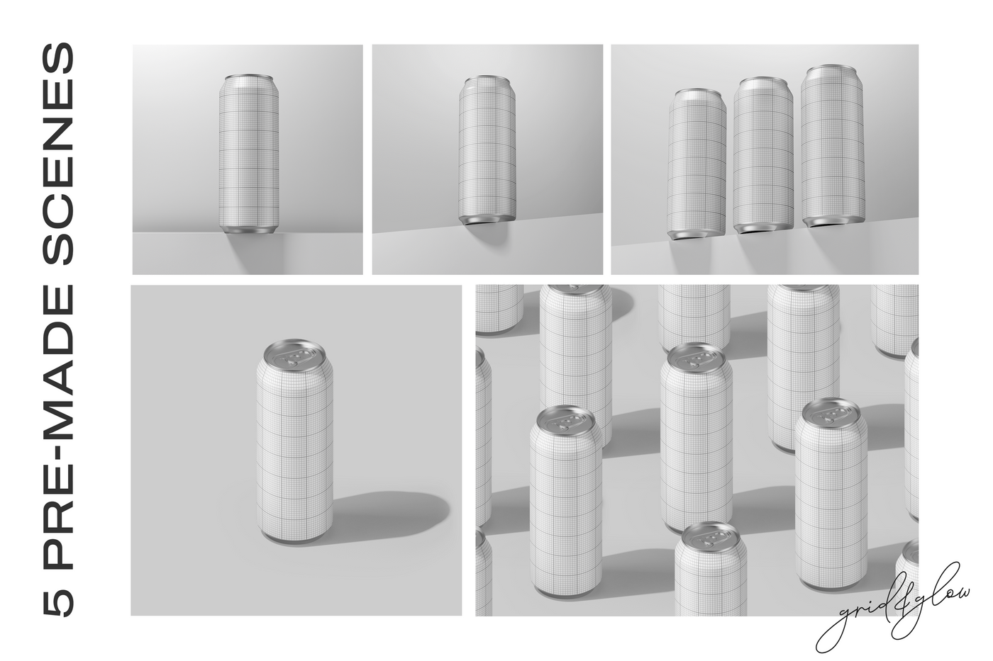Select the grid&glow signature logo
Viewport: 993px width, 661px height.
coord(894,609)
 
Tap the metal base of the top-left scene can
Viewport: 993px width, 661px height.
coord(248,229)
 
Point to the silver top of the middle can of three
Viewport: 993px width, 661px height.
coord(764,82)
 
